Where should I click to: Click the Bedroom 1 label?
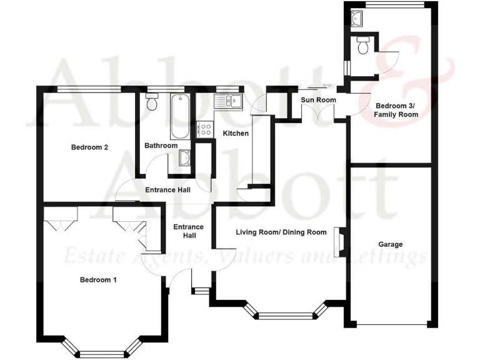[x=98, y=280]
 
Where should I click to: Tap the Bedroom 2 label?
[x=89, y=147]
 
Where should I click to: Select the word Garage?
[x=390, y=244]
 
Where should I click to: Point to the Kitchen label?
[x=236, y=134]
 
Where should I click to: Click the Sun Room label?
[x=318, y=100]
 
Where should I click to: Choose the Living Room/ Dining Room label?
[x=281, y=232]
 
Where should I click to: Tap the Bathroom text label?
[x=161, y=146]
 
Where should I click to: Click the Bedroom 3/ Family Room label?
[x=396, y=110]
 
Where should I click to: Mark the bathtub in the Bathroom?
[x=178, y=117]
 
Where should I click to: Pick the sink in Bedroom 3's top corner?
[x=357, y=19]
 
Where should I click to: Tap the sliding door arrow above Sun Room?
[x=326, y=86]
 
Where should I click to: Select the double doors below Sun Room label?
[x=317, y=113]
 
